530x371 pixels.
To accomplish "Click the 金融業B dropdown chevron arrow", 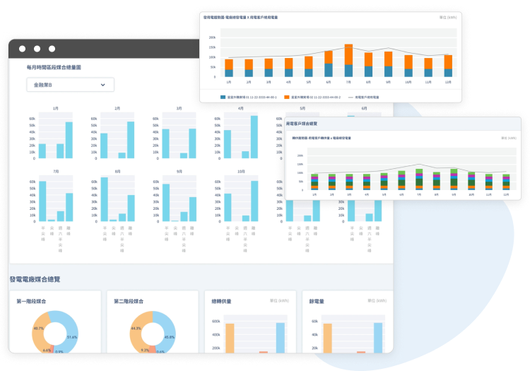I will (103, 85).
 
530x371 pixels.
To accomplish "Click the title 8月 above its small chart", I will (117, 172).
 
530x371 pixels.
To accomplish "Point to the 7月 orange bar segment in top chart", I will (348, 54).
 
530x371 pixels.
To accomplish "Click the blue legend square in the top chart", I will (223, 97).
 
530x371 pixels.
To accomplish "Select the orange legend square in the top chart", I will (287, 97).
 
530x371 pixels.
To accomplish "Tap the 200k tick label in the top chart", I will (212, 37).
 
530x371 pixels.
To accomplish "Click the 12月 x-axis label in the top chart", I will (448, 82).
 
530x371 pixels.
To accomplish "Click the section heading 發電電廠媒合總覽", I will (35, 279).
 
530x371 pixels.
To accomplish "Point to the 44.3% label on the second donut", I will (136, 329).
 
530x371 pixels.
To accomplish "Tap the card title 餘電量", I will (317, 301).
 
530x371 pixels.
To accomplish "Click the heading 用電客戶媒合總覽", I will (306, 124).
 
